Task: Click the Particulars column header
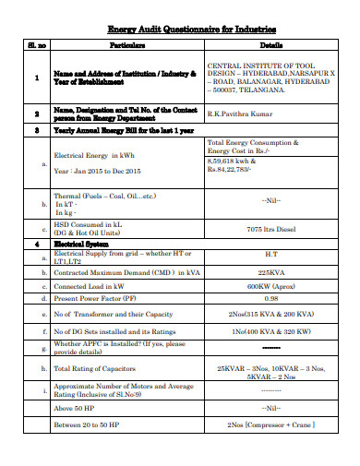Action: coord(127,44)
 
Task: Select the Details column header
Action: coord(270,44)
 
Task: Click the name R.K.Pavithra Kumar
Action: coord(243,114)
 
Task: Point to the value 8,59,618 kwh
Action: coord(232,161)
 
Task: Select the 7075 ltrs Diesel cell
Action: coord(270,229)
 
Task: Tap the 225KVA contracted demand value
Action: coord(270,273)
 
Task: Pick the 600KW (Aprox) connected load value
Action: coord(270,286)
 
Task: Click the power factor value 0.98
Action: coord(270,298)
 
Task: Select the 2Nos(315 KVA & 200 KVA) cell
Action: coord(270,315)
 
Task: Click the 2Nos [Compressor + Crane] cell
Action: coord(270,425)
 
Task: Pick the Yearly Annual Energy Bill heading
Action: coord(121,132)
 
